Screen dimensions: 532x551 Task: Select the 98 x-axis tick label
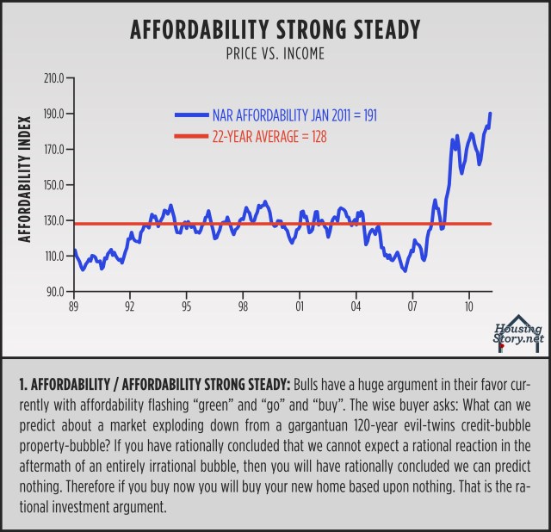coord(244,306)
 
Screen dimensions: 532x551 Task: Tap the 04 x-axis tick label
coord(356,306)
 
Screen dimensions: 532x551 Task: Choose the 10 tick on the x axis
coord(469,306)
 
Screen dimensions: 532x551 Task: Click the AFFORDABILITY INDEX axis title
coord(26,178)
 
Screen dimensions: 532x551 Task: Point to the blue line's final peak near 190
coord(491,114)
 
